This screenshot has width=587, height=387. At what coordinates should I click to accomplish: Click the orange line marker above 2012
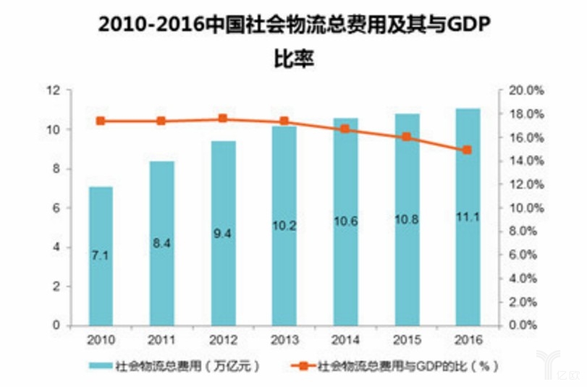point(222,119)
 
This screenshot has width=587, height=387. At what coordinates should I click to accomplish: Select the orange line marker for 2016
point(467,150)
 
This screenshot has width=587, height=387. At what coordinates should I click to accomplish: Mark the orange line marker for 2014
point(345,129)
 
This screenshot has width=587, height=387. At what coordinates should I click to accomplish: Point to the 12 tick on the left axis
point(51,90)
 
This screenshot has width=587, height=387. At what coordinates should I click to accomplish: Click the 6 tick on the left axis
point(54,208)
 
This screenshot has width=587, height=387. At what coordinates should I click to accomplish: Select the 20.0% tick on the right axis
point(527,91)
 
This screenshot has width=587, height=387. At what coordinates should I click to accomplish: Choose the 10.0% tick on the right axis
point(527,208)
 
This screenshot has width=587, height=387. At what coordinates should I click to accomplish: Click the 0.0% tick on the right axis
point(527,326)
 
